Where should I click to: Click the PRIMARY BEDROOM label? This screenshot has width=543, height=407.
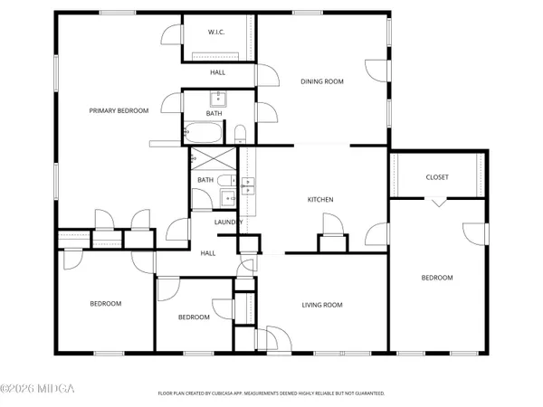pos(118,110)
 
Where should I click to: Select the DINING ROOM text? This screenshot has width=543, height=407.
pos(322,82)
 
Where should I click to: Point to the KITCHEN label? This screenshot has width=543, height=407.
pos(320,199)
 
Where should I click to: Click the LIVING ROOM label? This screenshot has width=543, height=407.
pos(322,305)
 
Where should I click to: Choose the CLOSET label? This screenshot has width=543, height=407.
pos(437,177)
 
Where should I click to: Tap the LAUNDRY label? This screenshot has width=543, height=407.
pos(226,222)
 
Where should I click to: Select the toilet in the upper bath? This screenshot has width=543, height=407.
pos(241,136)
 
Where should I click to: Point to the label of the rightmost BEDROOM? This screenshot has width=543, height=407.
pos(437,278)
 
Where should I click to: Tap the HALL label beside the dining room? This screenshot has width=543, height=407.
pos(217,71)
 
